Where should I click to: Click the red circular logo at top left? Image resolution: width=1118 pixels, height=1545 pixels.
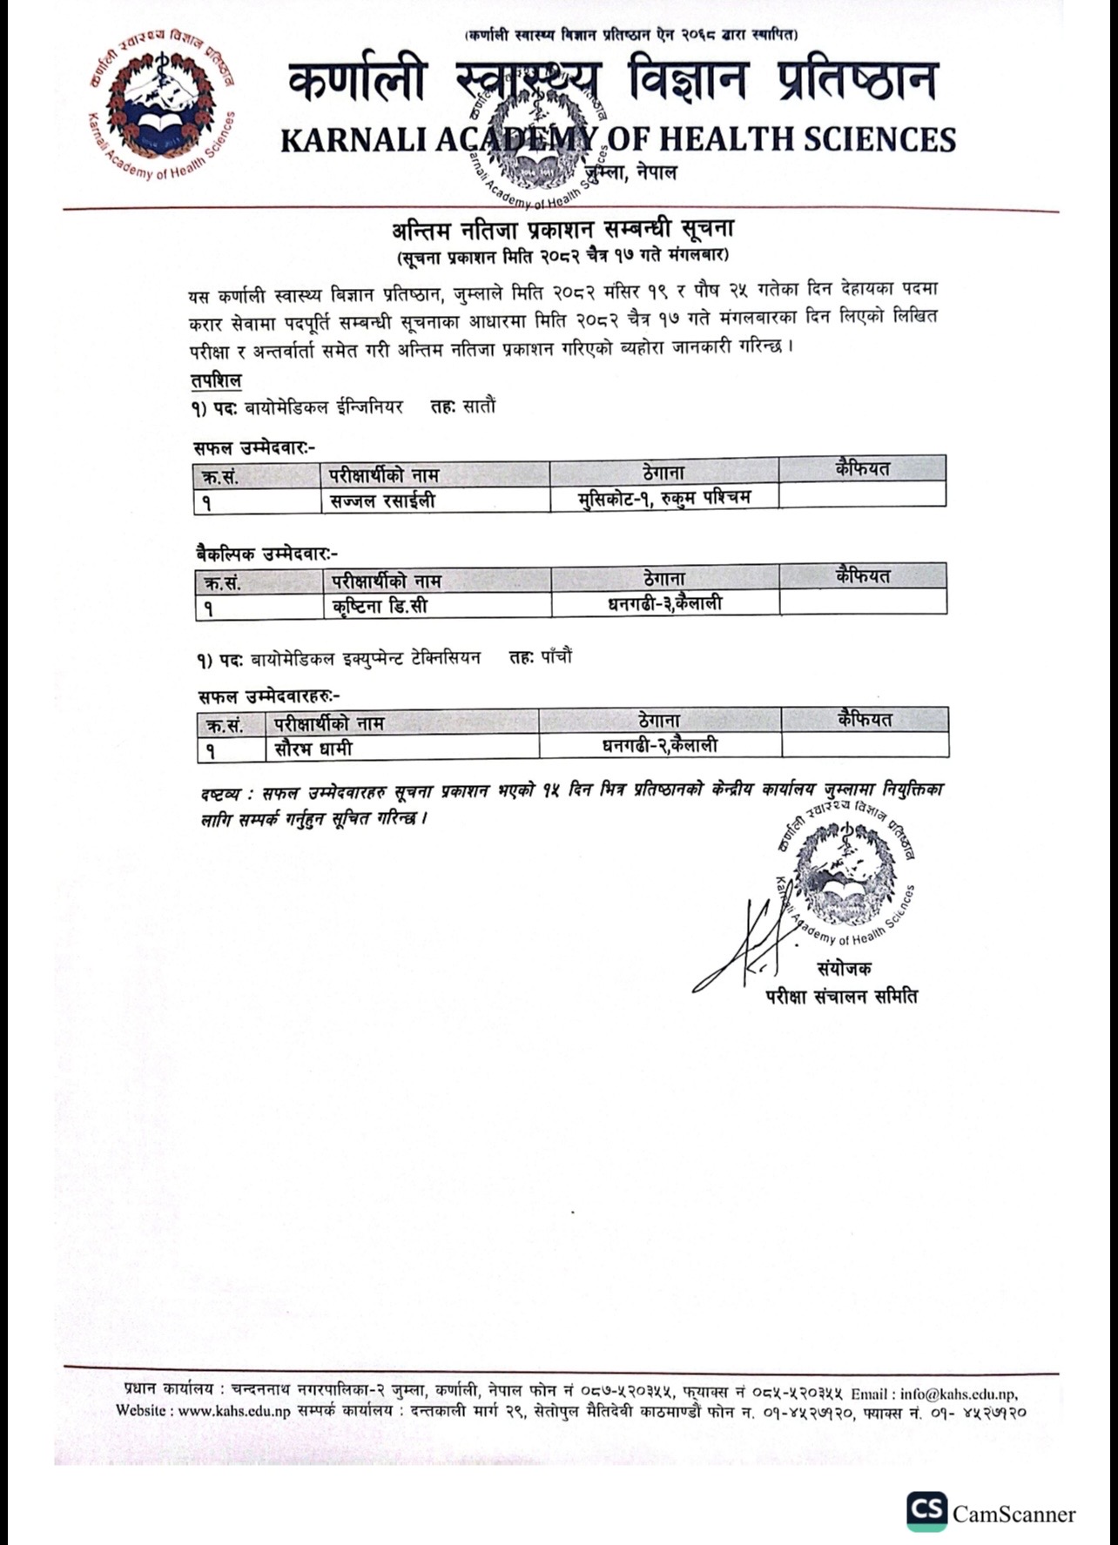160,103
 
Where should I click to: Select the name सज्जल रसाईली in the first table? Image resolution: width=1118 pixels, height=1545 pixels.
382,500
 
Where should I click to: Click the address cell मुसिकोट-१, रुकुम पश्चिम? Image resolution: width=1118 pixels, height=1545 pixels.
663,499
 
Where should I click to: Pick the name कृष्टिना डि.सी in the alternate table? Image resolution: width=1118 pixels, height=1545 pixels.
381,605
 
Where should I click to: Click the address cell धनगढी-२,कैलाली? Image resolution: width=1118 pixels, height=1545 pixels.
660,746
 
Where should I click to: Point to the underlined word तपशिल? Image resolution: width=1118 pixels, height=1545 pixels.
216,381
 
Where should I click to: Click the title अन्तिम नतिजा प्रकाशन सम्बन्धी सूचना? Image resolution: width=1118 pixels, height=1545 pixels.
562,230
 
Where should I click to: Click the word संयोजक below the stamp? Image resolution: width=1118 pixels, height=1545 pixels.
843,968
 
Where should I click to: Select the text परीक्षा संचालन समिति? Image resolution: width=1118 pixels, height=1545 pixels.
841,996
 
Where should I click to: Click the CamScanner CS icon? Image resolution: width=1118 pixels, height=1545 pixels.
926,1511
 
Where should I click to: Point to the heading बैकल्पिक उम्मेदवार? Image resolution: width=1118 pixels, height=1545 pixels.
266,554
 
